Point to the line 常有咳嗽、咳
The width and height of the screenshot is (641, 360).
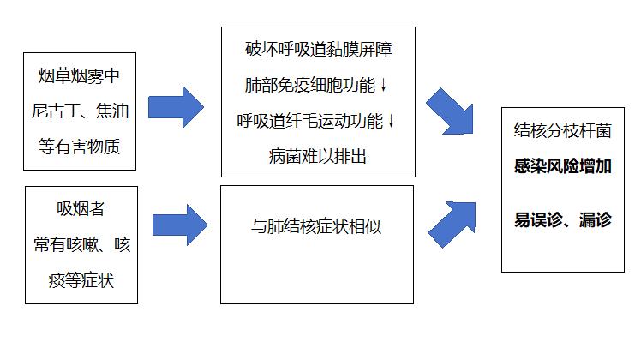[x=81, y=244]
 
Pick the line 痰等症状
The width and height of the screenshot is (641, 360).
[x=81, y=279]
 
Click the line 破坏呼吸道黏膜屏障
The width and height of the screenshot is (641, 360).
[x=317, y=49]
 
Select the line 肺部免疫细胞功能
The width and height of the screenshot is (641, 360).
[x=310, y=85]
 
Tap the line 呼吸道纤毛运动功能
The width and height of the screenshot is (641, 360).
[x=309, y=120]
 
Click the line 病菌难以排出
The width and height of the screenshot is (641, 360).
[x=317, y=156]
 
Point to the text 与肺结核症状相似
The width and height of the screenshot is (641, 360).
[x=316, y=227]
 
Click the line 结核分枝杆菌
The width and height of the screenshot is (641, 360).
[x=563, y=131]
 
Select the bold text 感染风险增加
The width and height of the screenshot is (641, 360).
[x=563, y=167]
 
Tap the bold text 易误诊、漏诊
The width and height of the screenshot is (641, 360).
[x=563, y=220]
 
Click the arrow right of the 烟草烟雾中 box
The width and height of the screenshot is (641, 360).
[x=177, y=107]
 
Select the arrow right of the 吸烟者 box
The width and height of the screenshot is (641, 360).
[x=179, y=225]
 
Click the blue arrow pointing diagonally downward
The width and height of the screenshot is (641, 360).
[x=450, y=111]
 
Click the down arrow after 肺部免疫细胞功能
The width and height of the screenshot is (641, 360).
[x=383, y=86]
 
